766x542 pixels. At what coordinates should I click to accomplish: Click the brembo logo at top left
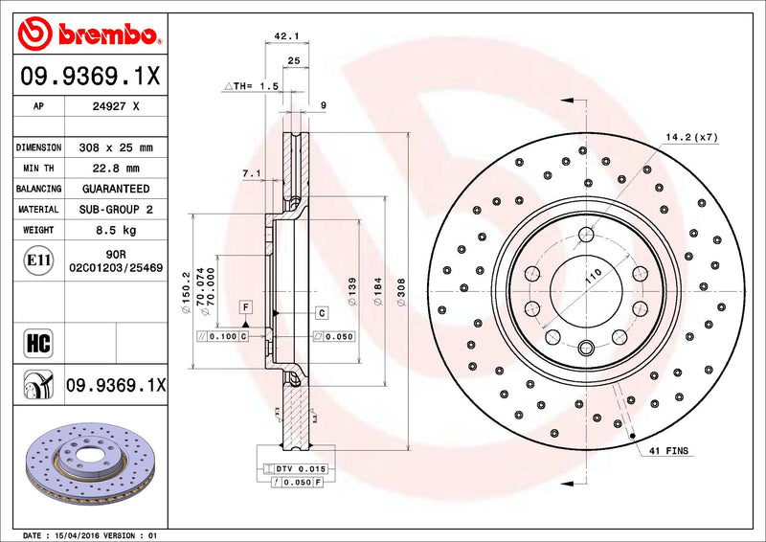[87, 35]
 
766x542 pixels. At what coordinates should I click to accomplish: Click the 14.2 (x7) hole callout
[691, 138]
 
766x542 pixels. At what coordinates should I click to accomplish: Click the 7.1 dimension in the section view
[252, 173]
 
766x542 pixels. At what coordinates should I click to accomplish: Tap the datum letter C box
[322, 313]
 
